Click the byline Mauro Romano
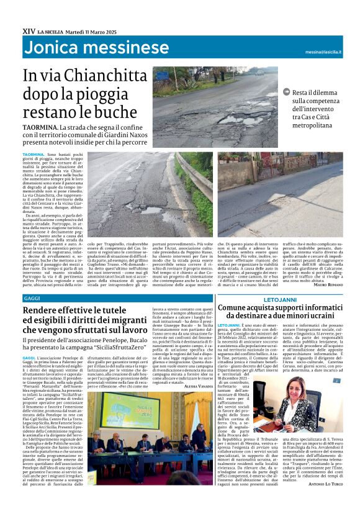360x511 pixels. click(x=327, y=284)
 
